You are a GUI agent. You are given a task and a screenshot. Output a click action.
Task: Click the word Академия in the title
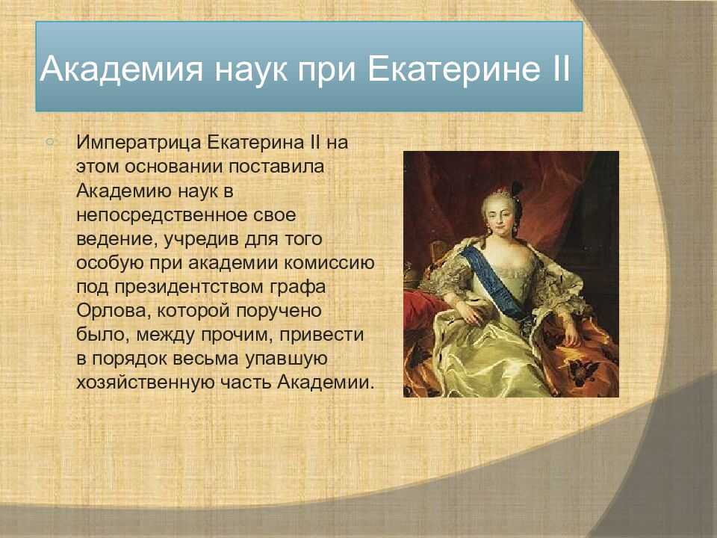click(121, 69)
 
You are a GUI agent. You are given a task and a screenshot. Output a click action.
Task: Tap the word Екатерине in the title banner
click(446, 69)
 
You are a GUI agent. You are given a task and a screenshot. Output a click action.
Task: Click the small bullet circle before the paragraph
click(50, 142)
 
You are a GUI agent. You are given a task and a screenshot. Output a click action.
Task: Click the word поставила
click(276, 166)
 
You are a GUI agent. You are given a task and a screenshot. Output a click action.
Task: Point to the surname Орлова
click(114, 311)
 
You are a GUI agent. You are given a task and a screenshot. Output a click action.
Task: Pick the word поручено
click(279, 311)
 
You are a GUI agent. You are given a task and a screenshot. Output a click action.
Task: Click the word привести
click(321, 335)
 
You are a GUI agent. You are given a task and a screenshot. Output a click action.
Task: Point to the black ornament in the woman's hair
click(517, 190)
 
